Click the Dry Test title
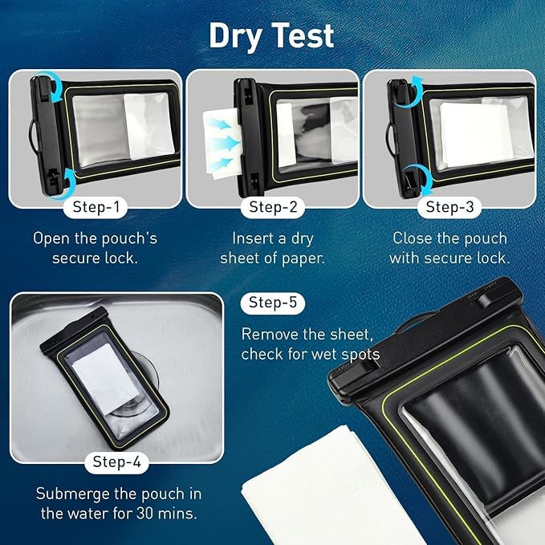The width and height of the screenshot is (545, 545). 272,36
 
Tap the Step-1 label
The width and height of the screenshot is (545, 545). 96,207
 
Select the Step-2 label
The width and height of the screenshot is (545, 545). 272,207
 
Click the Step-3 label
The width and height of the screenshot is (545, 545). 449,207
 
